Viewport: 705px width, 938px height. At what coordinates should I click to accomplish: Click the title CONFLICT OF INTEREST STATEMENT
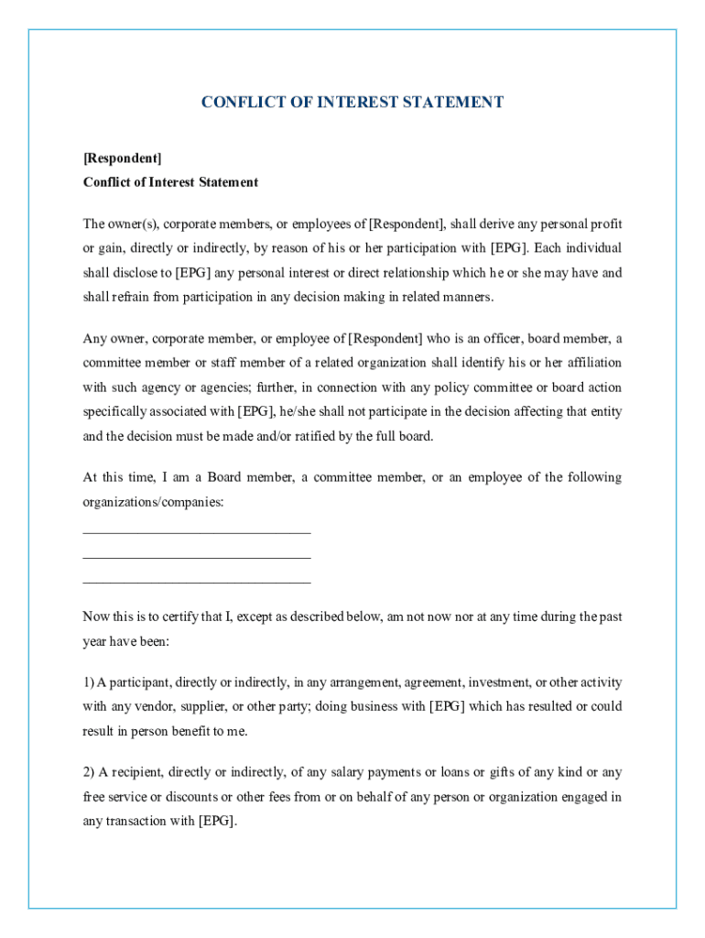(352, 103)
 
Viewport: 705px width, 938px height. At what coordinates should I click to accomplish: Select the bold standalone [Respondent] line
(122, 158)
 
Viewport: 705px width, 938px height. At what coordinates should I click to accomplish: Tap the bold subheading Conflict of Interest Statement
(170, 182)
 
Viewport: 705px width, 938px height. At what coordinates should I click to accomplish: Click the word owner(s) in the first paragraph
(134, 224)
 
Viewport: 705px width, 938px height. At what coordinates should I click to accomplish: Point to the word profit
(606, 224)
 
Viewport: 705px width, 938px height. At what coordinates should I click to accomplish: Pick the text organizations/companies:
(153, 503)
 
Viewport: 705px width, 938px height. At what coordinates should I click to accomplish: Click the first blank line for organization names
(197, 532)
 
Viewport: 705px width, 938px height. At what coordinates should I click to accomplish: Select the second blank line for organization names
(197, 557)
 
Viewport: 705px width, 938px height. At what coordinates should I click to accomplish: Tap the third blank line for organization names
(197, 582)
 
